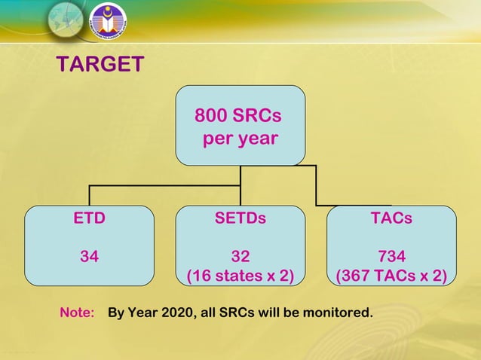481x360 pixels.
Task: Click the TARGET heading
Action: pos(100,65)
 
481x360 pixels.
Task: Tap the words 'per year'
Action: pos(240,139)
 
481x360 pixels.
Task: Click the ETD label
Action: pos(89,219)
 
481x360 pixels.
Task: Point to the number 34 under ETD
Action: pos(89,256)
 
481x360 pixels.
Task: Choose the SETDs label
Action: pos(240,219)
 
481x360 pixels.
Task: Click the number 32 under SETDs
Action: pos(240,256)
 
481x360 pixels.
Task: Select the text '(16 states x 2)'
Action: pos(240,275)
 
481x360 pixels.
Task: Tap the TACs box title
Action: pos(391,219)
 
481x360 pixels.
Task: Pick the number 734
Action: pos(391,256)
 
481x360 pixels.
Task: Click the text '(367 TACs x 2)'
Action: pos(391,275)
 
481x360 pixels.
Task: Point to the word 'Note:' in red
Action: pos(77,312)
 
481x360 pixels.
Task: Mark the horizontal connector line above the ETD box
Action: pos(151,185)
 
